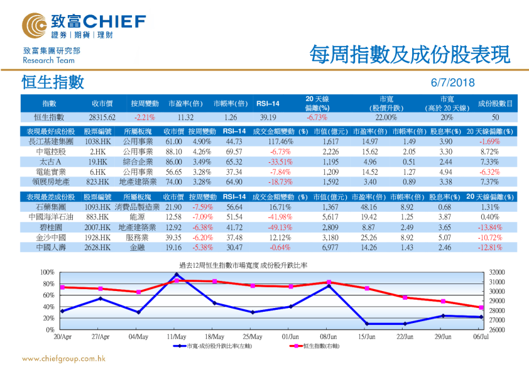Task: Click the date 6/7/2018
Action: [453, 83]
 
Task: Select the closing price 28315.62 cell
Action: [102, 118]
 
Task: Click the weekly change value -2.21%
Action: [145, 118]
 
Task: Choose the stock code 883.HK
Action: [95, 217]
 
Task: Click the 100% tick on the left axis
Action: [48, 272]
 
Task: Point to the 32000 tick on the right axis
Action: [497, 272]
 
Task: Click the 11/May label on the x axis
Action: [177, 337]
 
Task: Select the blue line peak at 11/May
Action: [177, 275]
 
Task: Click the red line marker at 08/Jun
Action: [329, 282]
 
